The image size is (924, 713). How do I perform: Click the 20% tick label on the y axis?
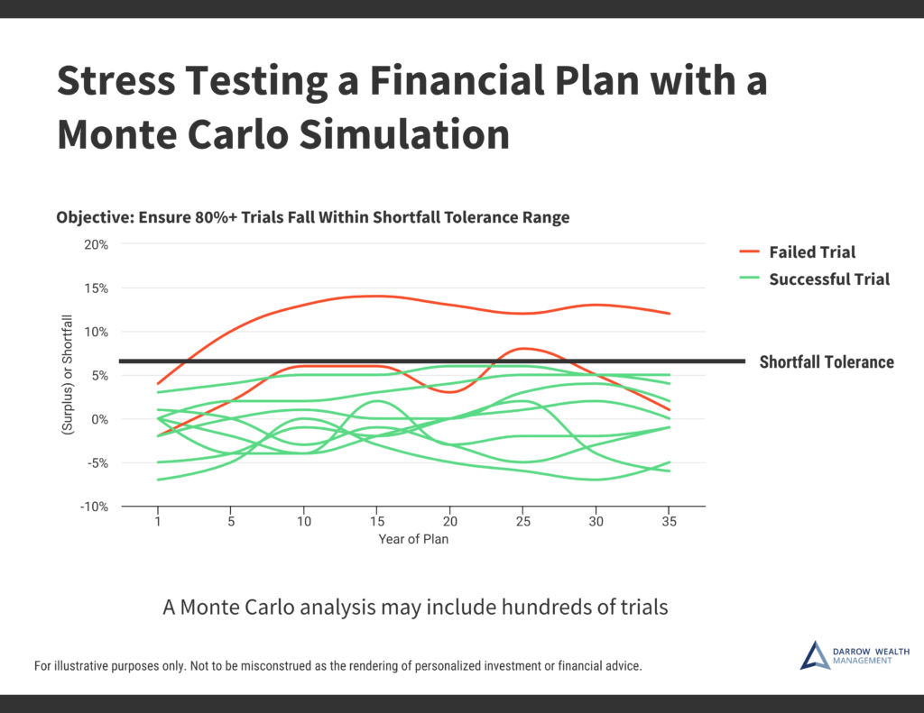click(x=96, y=245)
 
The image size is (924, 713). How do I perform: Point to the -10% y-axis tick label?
click(x=94, y=507)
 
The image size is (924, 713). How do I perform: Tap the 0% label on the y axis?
click(x=99, y=420)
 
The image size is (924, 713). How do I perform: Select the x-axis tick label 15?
click(x=377, y=522)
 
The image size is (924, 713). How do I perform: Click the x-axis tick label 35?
click(x=669, y=522)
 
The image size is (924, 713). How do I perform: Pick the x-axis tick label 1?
click(x=158, y=522)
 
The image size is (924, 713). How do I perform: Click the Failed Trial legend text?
click(x=812, y=252)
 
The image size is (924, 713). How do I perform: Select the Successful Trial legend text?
click(x=829, y=279)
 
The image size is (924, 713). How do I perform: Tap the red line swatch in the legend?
click(x=749, y=251)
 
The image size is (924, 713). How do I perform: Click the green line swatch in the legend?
click(x=749, y=278)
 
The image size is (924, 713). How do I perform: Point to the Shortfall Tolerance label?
click(x=827, y=362)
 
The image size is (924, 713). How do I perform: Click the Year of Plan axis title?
click(x=413, y=539)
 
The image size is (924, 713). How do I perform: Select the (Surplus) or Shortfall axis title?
click(x=67, y=375)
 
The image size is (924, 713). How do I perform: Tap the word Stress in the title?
click(x=116, y=80)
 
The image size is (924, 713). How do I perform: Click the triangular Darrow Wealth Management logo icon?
click(x=815, y=656)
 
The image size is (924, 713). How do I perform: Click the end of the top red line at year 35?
click(x=670, y=313)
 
